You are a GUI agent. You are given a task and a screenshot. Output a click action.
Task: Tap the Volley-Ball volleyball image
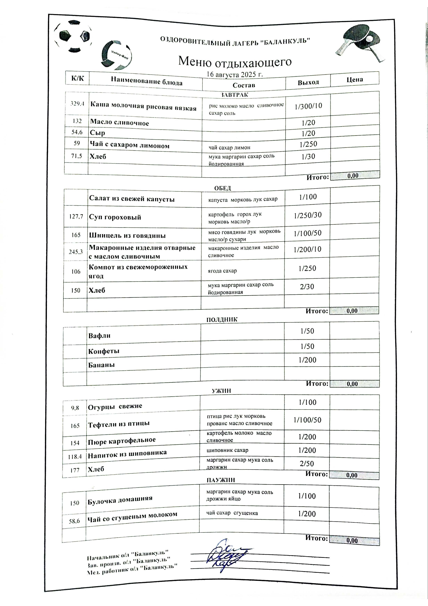(x=117, y=55)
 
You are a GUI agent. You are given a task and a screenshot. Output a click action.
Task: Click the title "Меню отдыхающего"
(x=235, y=62)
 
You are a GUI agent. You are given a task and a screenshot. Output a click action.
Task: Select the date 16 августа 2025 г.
(x=235, y=74)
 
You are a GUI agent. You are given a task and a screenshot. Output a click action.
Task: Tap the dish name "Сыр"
(x=98, y=133)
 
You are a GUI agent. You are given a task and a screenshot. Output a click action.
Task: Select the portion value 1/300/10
(x=308, y=106)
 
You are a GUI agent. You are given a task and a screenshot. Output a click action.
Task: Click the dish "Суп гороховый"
(x=115, y=217)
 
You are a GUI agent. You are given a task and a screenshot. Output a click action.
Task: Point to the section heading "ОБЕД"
(x=222, y=188)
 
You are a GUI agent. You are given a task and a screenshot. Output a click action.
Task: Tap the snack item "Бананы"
(x=101, y=365)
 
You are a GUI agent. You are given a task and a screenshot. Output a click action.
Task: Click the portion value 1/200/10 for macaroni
(x=307, y=249)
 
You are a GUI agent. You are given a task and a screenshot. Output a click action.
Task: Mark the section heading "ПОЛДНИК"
(x=222, y=320)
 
